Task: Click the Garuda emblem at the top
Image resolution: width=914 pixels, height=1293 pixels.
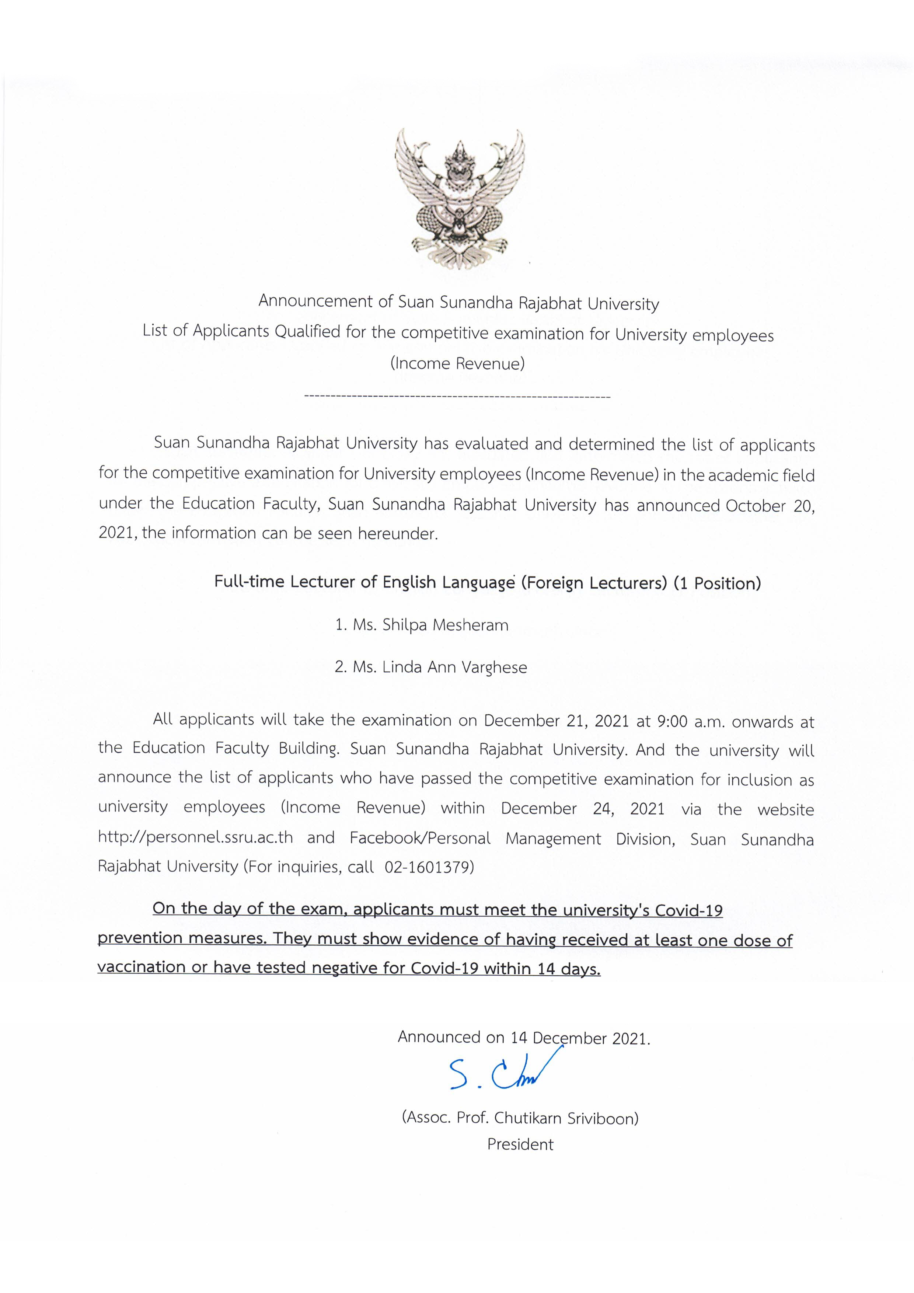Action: coord(459,197)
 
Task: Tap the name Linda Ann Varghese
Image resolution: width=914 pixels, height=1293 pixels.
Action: coord(454,668)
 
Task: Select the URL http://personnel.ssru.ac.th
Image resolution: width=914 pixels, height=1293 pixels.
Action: coord(195,837)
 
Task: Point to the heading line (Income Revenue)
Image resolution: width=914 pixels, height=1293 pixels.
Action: coord(457,363)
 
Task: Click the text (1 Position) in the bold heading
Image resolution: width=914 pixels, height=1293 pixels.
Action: coord(717,583)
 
